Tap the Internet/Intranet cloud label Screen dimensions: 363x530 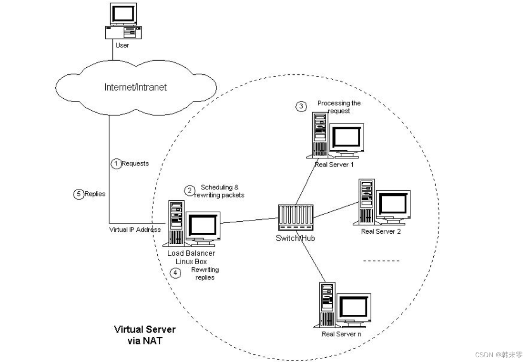[x=135, y=87]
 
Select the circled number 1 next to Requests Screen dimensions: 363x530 [x=116, y=164]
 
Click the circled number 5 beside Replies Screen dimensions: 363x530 [x=79, y=194]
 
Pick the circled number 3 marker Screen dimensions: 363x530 [x=301, y=106]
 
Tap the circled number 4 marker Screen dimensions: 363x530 [x=176, y=273]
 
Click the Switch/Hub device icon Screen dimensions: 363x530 [x=295, y=218]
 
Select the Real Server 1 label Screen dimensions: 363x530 [x=334, y=165]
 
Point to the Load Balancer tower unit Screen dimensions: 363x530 [x=175, y=223]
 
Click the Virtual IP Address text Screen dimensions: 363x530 [x=135, y=229]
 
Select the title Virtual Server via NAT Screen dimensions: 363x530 [x=144, y=334]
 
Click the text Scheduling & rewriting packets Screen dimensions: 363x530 [x=222, y=191]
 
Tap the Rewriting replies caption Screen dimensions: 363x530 [x=205, y=273]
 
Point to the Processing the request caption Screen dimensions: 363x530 [x=339, y=107]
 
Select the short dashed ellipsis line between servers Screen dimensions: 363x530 [x=381, y=261]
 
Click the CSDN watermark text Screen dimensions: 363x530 [x=499, y=355]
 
